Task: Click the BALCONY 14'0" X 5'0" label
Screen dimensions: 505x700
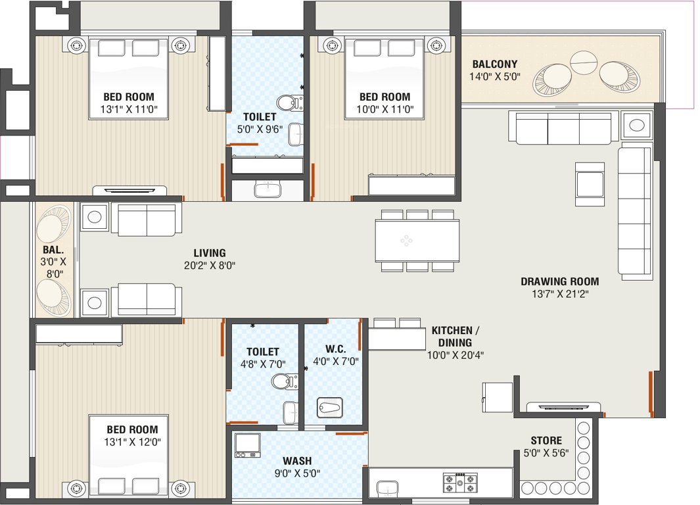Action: pyautogui.click(x=495, y=70)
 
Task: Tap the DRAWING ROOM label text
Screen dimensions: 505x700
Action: pyautogui.click(x=559, y=287)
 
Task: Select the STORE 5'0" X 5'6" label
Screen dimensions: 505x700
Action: pyautogui.click(x=546, y=446)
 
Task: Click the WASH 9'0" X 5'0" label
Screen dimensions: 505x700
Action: pyautogui.click(x=297, y=467)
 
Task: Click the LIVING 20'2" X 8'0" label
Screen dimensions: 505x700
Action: pyautogui.click(x=209, y=259)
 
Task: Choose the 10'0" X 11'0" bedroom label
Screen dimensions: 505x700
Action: pyautogui.click(x=385, y=103)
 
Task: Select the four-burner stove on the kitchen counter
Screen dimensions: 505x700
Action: pyautogui.click(x=459, y=483)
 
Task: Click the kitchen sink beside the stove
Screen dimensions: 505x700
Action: pyautogui.click(x=388, y=488)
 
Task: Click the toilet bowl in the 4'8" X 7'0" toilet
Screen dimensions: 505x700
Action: pyautogui.click(x=281, y=381)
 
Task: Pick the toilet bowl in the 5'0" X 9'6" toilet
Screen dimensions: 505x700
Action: pyautogui.click(x=287, y=103)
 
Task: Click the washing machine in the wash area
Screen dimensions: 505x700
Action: pyautogui.click(x=248, y=445)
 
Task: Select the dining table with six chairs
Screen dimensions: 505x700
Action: pyautogui.click(x=417, y=241)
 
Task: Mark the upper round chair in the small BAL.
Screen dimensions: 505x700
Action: pyautogui.click(x=52, y=226)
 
